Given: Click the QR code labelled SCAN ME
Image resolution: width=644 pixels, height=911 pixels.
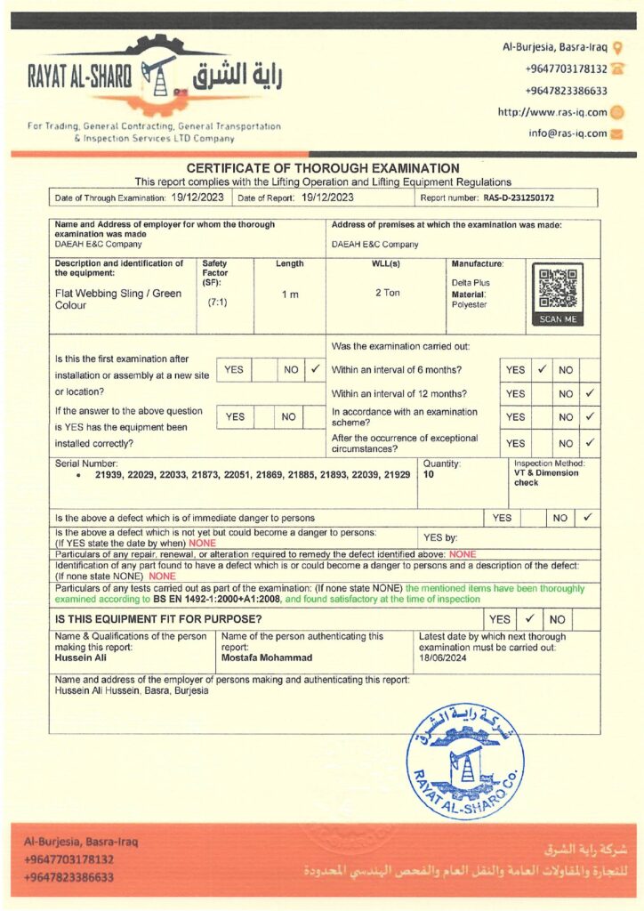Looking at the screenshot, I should pyautogui.click(x=557, y=289).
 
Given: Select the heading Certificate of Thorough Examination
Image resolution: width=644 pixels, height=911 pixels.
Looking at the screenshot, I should pyautogui.click(x=323, y=168).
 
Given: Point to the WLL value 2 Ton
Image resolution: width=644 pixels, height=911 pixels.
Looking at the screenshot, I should pyautogui.click(x=386, y=293).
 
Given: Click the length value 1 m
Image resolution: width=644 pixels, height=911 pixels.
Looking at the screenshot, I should pyautogui.click(x=290, y=294).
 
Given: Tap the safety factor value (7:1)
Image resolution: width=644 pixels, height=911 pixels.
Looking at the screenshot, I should pyautogui.click(x=217, y=302).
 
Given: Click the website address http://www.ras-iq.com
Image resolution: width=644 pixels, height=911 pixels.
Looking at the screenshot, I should pyautogui.click(x=552, y=113).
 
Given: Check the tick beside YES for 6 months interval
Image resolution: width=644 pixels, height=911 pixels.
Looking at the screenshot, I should pyautogui.click(x=542, y=369).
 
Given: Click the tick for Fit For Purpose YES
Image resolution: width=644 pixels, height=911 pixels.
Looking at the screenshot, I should pyautogui.click(x=528, y=618).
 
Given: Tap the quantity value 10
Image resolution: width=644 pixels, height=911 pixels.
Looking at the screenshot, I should pyautogui.click(x=429, y=475).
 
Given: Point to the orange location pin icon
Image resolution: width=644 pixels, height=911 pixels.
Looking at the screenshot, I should pyautogui.click(x=617, y=46).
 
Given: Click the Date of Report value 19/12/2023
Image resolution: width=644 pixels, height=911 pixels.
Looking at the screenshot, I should pyautogui.click(x=327, y=198).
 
